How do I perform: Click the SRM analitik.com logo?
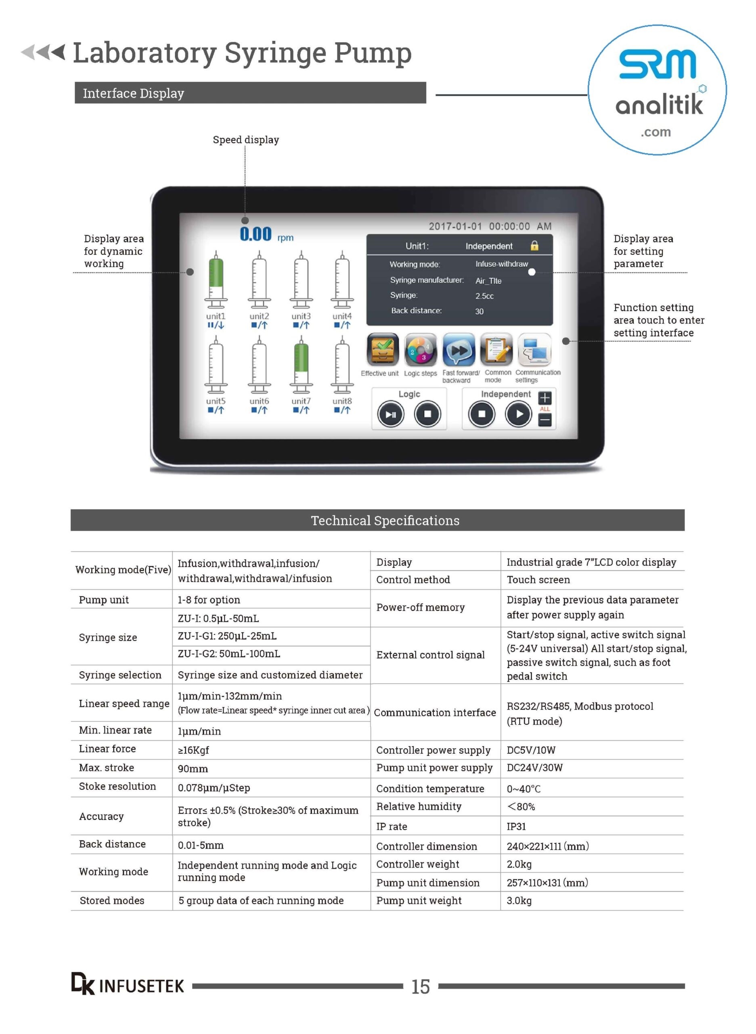657,90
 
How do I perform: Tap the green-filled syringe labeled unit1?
216,280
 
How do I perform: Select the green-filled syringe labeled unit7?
301,364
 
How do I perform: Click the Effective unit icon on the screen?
382,350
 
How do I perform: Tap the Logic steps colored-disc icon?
420,350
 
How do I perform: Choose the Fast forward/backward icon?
459,350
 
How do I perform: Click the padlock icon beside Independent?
534,246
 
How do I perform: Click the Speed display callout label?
246,140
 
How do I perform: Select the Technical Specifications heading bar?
377,520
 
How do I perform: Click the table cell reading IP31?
516,826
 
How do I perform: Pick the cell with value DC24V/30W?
534,767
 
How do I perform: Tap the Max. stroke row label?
107,767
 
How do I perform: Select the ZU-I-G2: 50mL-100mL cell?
229,654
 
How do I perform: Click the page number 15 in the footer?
420,986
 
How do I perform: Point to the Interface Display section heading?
133,93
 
